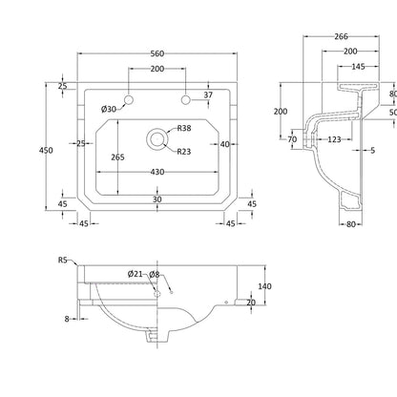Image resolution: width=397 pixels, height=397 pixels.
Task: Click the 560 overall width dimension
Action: coord(157,53)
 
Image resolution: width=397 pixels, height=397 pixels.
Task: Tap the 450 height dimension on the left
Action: coord(46,150)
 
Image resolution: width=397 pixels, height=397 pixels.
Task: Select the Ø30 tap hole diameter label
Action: coord(109,110)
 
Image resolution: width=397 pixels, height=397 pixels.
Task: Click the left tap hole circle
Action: coord(129,100)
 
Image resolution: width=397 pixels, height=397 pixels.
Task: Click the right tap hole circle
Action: coord(185,100)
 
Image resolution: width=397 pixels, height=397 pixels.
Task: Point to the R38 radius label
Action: coord(184,128)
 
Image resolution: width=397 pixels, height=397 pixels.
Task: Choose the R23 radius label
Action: coord(184,152)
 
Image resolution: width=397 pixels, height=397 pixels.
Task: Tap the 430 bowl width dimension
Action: coord(157,172)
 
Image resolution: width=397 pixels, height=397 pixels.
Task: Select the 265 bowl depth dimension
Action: coord(117,157)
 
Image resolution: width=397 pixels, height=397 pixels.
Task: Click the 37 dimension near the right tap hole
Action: coord(208,94)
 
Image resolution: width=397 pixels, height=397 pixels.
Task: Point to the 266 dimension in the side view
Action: coord(341,36)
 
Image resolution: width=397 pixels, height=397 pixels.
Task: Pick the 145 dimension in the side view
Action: coord(358,67)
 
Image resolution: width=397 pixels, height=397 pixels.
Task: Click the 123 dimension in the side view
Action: coord(334,139)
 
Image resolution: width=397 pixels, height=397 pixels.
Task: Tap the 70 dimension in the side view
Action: coord(292,139)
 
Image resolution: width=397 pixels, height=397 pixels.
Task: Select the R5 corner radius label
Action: coord(63,260)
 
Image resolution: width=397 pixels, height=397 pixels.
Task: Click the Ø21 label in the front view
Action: coord(136,274)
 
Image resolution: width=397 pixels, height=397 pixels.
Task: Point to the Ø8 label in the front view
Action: coord(154,274)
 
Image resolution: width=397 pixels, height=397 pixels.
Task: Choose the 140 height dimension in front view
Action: coord(264,286)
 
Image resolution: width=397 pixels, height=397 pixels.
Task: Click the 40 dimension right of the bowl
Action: coord(224,144)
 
